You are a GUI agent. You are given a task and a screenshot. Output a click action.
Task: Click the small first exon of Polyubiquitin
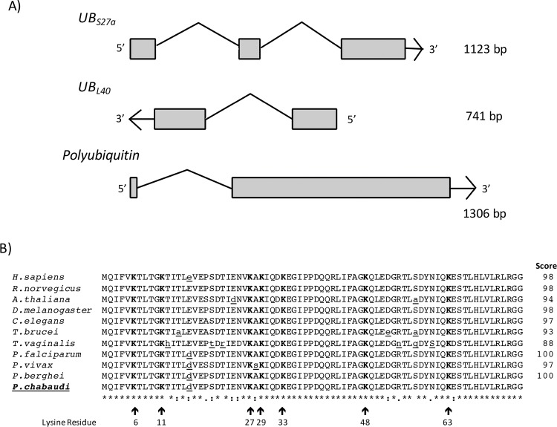tap(133, 188)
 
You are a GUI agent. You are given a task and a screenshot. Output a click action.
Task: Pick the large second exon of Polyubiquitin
tap(341, 187)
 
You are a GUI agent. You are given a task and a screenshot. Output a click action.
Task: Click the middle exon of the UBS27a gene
tap(250, 49)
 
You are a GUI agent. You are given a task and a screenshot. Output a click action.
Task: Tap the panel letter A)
tap(14, 12)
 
